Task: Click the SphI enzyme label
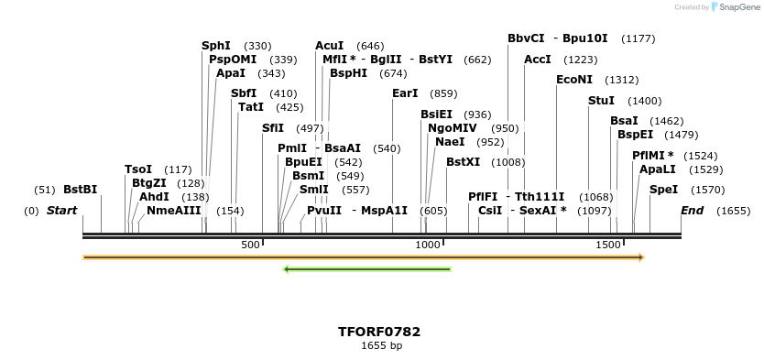[x=216, y=46]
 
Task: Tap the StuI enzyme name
[x=601, y=101]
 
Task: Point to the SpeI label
[x=663, y=190]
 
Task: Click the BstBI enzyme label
[x=80, y=190]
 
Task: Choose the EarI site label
[x=405, y=93]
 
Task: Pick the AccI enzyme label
[x=538, y=60]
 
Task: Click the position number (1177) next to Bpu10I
[x=638, y=38]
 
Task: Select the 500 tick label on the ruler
[x=250, y=245]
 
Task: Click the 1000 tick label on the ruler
[x=428, y=245]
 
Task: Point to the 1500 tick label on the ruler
[x=608, y=245]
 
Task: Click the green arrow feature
[x=367, y=269]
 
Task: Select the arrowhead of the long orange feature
[x=640, y=257]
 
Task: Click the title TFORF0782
[x=379, y=332]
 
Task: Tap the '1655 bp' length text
[x=381, y=346]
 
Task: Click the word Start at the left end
[x=61, y=211]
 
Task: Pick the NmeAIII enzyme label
[x=173, y=211]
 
